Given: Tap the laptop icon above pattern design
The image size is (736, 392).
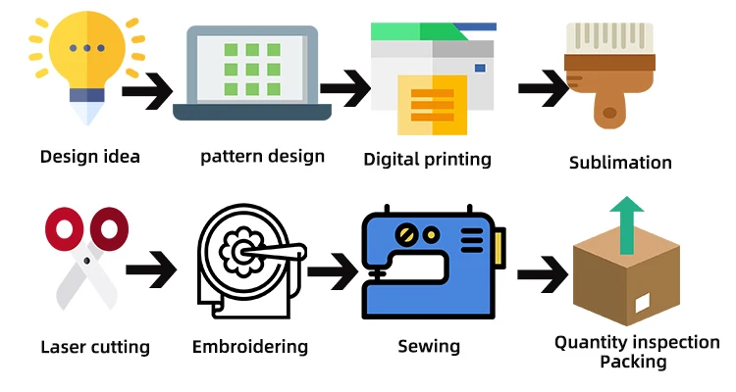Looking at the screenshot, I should (252, 73).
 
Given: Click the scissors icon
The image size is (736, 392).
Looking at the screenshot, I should (86, 260).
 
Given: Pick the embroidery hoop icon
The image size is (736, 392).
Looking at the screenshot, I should (245, 260).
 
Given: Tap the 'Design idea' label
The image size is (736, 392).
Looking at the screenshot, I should (90, 156).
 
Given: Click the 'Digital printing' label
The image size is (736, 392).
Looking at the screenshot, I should (427, 159).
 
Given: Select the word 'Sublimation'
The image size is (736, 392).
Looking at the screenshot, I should (620, 163).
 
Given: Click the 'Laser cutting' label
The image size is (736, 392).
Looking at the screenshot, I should (95, 347).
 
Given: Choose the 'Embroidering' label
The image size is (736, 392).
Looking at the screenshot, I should (250, 347).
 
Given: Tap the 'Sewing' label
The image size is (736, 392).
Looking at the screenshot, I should (429, 346).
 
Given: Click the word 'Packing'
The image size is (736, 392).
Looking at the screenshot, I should (633, 362).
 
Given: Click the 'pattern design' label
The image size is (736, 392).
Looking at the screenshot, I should (262, 156).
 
